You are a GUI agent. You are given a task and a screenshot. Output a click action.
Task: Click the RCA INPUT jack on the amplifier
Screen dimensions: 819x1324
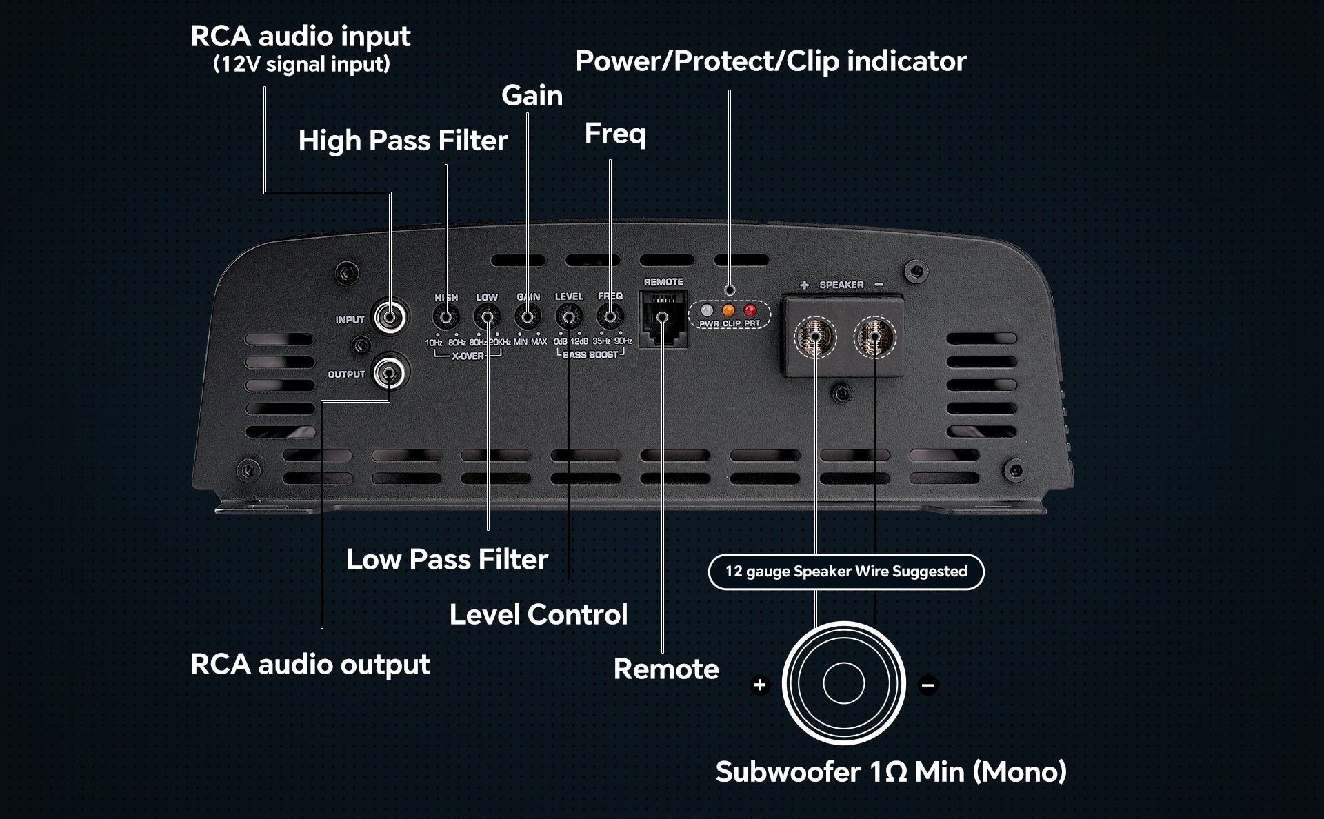coord(390,317)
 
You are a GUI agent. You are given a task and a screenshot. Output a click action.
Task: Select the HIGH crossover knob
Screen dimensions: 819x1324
coord(446,318)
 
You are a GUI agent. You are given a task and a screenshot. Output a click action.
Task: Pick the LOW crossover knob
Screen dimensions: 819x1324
coord(487,318)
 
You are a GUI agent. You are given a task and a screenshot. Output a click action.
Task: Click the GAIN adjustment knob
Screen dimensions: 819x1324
coord(528,318)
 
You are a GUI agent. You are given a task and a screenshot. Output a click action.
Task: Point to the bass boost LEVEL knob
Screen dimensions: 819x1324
coord(569,318)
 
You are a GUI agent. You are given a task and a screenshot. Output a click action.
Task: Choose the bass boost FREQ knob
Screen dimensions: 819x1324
coord(610,318)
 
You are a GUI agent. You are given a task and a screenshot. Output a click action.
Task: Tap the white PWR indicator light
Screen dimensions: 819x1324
coord(707,310)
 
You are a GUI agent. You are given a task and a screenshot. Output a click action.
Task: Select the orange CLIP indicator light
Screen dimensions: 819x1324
coord(728,310)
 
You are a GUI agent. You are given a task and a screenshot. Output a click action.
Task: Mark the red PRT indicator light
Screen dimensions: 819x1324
coord(750,310)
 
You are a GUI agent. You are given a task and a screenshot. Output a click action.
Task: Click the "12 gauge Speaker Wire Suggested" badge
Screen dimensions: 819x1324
coord(846,572)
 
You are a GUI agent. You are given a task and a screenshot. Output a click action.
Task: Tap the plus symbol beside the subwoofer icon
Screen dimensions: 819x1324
coord(760,685)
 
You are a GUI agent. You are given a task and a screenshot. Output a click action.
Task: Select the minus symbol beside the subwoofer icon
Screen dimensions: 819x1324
coord(928,685)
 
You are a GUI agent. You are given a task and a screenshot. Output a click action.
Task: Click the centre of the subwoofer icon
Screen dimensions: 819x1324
coord(843,683)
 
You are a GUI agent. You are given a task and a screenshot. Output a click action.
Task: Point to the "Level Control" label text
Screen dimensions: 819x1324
coord(539,614)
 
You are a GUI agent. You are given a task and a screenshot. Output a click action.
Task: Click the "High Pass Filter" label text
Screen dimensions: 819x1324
coord(403,141)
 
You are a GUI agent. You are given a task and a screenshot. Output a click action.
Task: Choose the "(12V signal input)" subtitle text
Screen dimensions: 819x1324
coord(301,64)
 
